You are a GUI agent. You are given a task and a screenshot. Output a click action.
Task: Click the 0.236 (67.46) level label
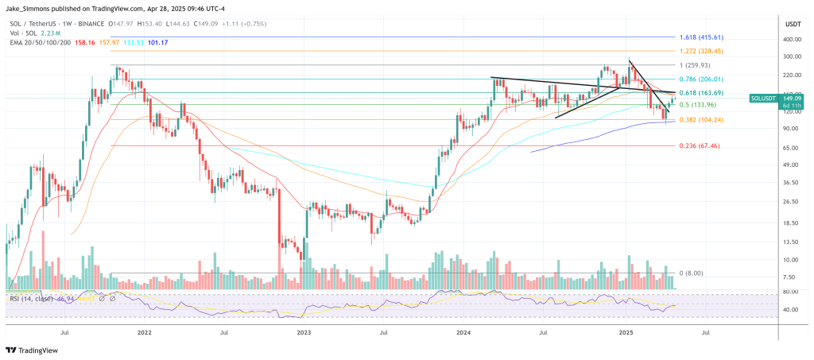(700, 146)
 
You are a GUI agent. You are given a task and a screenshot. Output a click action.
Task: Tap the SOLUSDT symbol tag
(762, 99)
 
